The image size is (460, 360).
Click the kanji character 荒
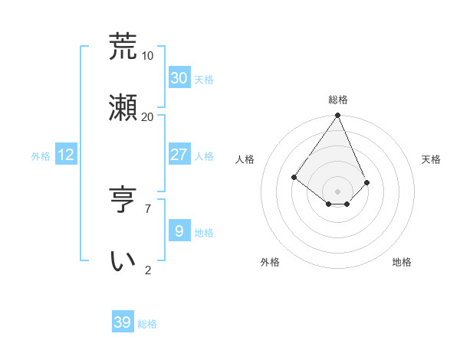coord(123,47)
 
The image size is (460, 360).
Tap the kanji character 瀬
coord(123,106)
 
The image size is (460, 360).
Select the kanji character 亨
coord(123,201)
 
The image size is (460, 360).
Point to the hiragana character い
coord(123,260)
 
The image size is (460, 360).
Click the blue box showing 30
coord(179,77)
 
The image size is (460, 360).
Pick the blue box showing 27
coord(179,155)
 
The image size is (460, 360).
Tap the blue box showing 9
coord(179,231)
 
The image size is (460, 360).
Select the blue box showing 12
coord(66,155)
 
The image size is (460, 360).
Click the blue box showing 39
coord(123,322)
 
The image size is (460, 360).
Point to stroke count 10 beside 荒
coord(147,56)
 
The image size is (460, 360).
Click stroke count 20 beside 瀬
coord(147,116)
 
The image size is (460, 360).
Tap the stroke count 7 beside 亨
coord(147,208)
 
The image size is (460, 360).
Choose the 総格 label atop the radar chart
coord(338,100)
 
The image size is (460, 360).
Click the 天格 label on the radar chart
coord(432,159)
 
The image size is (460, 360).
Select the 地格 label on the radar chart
coord(402,262)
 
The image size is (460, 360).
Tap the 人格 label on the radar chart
coord(245,159)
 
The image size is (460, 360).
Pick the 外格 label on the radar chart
coord(270,262)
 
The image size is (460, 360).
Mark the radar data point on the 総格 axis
coord(338,116)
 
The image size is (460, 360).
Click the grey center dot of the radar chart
coord(338,191)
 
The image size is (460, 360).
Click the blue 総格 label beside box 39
coord(147,324)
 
